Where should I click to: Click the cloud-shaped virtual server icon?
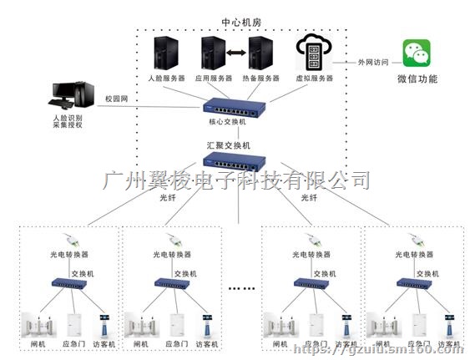pos(313,53)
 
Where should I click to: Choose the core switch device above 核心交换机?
pos(235,107)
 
